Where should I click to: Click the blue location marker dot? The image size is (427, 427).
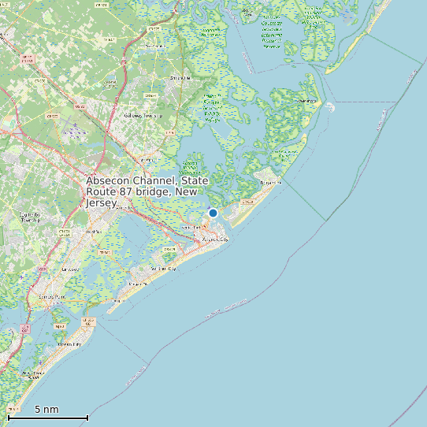tap(213, 213)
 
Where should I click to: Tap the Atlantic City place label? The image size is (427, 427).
tap(214, 239)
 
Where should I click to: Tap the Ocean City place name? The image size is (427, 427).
tap(69, 344)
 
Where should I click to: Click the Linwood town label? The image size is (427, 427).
tap(70, 269)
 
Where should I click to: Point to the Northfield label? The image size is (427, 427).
tap(94, 232)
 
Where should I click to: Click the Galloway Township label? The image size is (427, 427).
tap(143, 115)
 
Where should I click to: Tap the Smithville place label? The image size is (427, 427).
tap(180, 78)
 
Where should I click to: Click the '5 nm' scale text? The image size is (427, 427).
tap(46, 409)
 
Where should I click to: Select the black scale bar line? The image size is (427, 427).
tap(47, 418)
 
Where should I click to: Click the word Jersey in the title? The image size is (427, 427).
tap(102, 202)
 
